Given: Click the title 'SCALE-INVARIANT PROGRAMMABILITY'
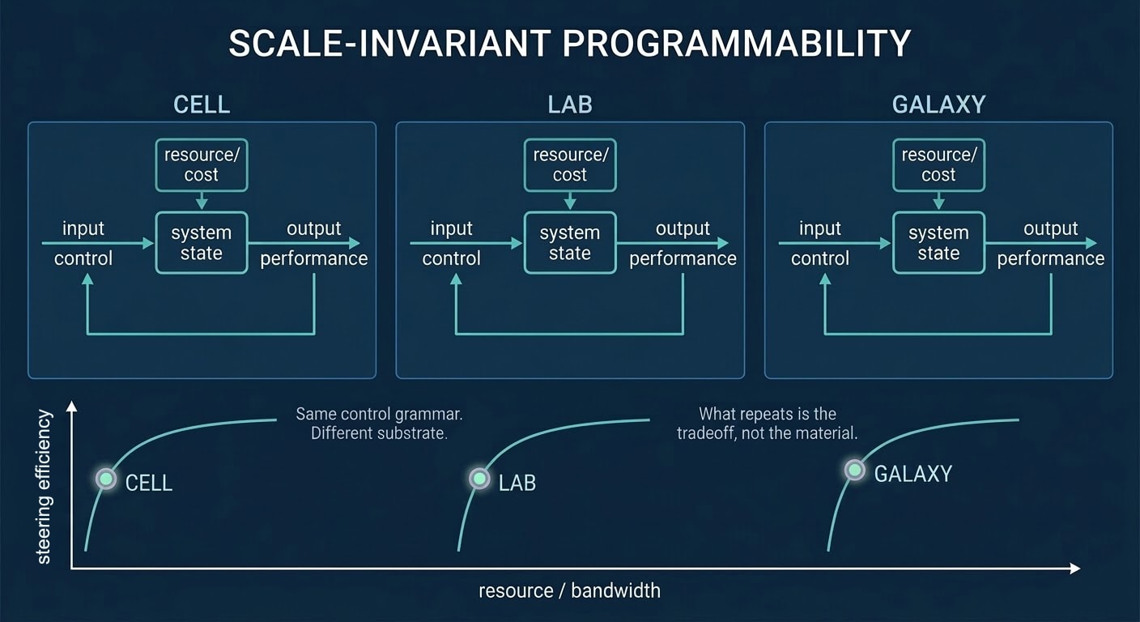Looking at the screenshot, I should (569, 44).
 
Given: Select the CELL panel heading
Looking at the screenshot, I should (202, 104).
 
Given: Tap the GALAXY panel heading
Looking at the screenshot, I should (938, 104).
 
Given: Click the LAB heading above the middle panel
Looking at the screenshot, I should (570, 104).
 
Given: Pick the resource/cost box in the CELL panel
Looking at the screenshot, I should (202, 164).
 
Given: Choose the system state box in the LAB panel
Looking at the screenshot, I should (570, 243).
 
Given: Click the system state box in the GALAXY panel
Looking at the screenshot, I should (938, 243).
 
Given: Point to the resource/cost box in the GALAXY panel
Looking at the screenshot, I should (938, 164).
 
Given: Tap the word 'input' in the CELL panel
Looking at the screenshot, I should (83, 228).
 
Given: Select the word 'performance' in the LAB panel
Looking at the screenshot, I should (683, 258).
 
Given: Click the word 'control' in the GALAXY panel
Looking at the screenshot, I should (820, 258).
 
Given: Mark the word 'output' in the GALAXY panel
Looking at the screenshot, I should (1050, 228).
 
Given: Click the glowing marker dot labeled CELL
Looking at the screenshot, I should (106, 479).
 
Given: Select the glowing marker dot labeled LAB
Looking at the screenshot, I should (479, 479).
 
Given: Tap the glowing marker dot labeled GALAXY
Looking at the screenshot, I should (854, 470).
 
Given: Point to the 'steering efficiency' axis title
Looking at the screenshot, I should (44, 486).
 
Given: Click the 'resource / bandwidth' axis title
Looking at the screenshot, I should (569, 590).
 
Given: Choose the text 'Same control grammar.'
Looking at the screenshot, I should (379, 414).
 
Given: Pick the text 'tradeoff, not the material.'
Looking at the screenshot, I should (767, 433).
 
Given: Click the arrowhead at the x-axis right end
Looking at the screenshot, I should (1074, 569).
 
